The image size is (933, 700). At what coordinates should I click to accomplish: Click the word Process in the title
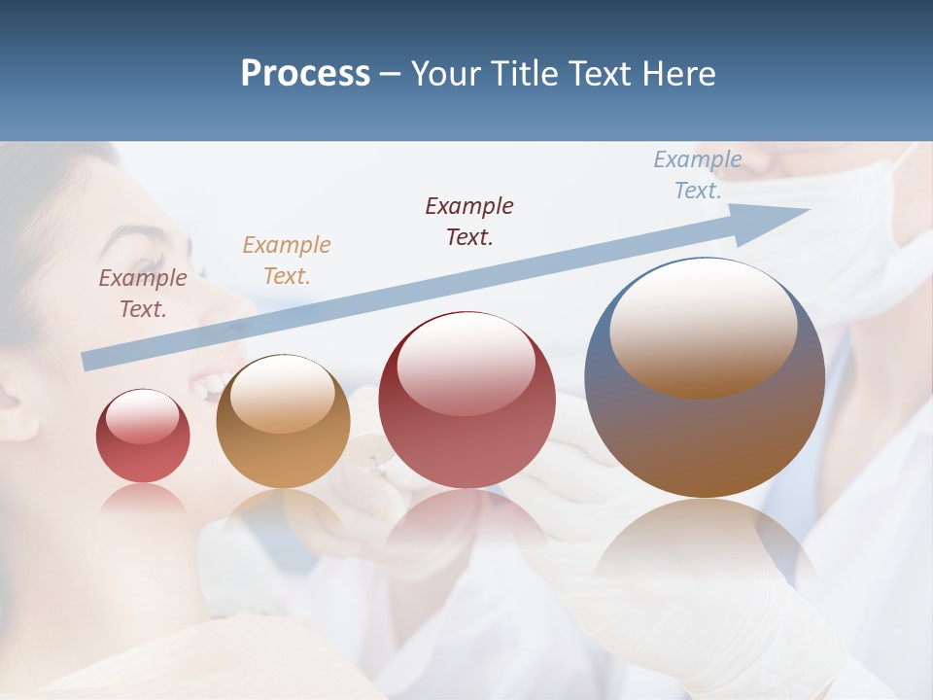pyautogui.click(x=305, y=74)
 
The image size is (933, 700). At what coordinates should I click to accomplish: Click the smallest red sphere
pyautogui.click(x=143, y=437)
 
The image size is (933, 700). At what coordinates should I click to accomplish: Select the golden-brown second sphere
pyautogui.click(x=283, y=422)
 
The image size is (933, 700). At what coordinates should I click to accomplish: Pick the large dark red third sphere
pyautogui.click(x=466, y=401)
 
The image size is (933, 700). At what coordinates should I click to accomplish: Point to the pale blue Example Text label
pyautogui.click(x=698, y=175)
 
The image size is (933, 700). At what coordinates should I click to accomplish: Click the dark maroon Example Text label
pyautogui.click(x=469, y=222)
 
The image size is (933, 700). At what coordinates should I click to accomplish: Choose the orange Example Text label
pyautogui.click(x=287, y=261)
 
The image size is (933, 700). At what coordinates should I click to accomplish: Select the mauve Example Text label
pyautogui.click(x=143, y=294)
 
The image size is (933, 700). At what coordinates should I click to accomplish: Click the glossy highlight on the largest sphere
pyautogui.click(x=703, y=326)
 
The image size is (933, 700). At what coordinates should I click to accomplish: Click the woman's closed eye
pyautogui.click(x=146, y=264)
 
